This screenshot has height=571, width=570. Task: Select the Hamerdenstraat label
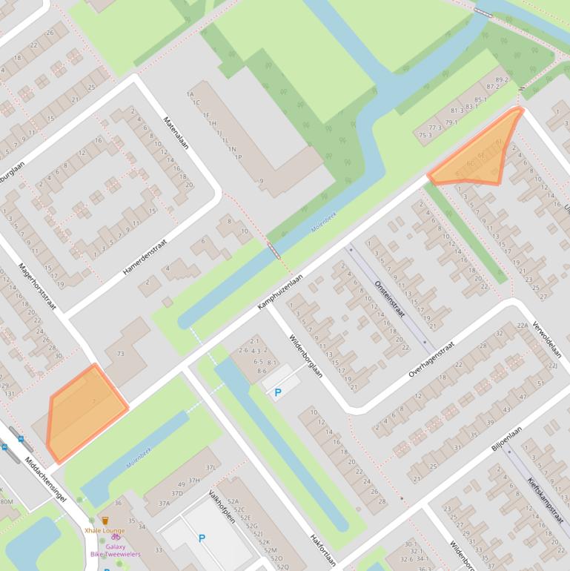(145, 257)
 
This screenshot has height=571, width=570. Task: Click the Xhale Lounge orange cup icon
(105, 521)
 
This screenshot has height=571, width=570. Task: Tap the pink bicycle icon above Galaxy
(116, 537)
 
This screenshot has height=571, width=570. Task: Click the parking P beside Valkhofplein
(201, 538)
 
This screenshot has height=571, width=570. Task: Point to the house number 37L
(211, 467)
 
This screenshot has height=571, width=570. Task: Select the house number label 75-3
(425, 135)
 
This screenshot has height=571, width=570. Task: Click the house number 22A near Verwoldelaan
(522, 326)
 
